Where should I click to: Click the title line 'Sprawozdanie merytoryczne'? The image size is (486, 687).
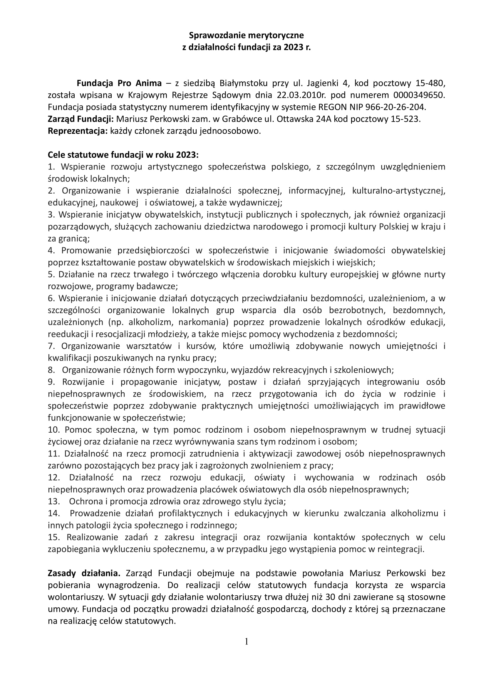246,36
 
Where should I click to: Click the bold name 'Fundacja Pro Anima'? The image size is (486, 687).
119,83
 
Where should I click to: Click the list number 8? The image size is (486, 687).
51,370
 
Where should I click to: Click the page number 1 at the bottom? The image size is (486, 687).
246,641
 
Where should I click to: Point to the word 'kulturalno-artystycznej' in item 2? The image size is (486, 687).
399,191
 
